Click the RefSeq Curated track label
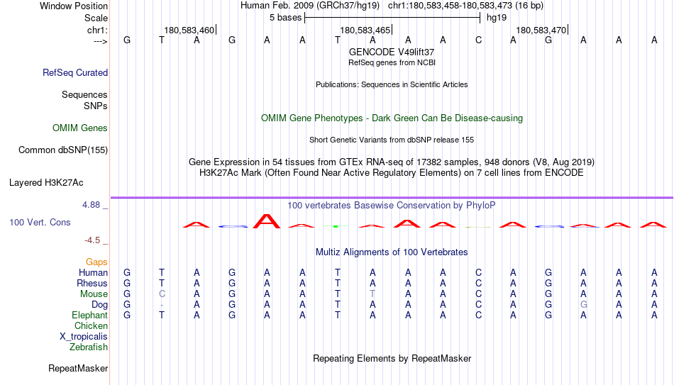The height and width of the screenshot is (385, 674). (75, 72)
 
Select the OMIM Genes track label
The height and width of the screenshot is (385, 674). (80, 128)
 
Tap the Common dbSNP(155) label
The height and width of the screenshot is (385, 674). (63, 150)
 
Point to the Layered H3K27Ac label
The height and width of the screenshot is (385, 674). (46, 183)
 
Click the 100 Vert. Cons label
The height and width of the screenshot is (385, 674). (40, 222)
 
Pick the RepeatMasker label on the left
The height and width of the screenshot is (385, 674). (78, 368)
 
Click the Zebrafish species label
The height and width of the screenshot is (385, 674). (89, 347)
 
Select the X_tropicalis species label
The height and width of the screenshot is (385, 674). (84, 337)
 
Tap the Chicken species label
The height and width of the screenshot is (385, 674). (91, 325)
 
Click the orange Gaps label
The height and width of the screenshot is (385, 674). (96, 262)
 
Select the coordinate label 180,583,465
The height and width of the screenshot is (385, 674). (365, 30)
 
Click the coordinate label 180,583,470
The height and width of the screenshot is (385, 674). (541, 30)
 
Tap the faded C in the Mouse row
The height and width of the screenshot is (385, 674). (162, 294)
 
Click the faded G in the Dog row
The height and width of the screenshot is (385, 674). (583, 305)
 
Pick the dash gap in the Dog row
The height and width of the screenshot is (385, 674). (162, 305)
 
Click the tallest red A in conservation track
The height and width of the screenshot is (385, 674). (267, 221)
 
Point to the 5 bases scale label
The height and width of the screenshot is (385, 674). (285, 18)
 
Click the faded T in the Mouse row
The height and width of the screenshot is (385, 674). (372, 294)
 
